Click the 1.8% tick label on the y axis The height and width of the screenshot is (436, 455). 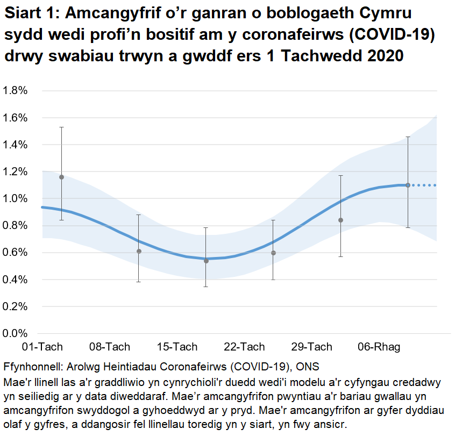click(x=16, y=90)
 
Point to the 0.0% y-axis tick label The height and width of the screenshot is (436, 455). click(x=16, y=333)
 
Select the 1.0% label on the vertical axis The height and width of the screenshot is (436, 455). click(x=16, y=198)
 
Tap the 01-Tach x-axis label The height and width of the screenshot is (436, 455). click(x=42, y=347)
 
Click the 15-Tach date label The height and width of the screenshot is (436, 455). click(x=177, y=347)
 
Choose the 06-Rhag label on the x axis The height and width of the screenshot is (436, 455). click(x=379, y=347)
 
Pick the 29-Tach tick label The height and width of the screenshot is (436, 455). click(x=311, y=347)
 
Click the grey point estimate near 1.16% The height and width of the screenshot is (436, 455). click(x=62, y=177)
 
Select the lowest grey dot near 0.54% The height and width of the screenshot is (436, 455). click(x=206, y=261)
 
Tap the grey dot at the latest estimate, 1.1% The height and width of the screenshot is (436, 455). click(x=408, y=185)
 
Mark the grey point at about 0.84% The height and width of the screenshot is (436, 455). click(x=340, y=220)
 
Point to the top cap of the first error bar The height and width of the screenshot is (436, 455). click(x=62, y=127)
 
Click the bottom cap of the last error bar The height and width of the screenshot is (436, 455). click(x=408, y=227)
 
